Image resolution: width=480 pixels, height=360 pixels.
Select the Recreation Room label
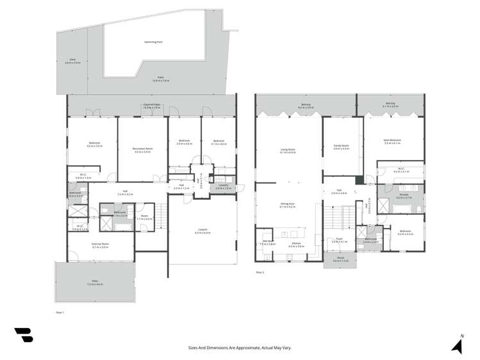tap(142, 149)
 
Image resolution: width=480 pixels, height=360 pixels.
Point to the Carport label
tap(202, 231)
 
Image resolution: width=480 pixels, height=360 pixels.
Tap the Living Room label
tap(288, 151)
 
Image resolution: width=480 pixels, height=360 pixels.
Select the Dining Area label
tap(287, 205)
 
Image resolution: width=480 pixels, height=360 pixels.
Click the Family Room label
tap(340, 147)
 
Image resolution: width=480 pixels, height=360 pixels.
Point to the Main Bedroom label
tap(392, 142)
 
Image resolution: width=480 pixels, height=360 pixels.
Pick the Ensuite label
tap(402, 197)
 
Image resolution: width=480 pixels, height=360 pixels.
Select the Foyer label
tap(339, 240)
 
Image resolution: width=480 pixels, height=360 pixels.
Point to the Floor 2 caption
tap(260, 272)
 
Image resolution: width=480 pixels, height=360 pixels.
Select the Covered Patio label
tap(151, 106)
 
